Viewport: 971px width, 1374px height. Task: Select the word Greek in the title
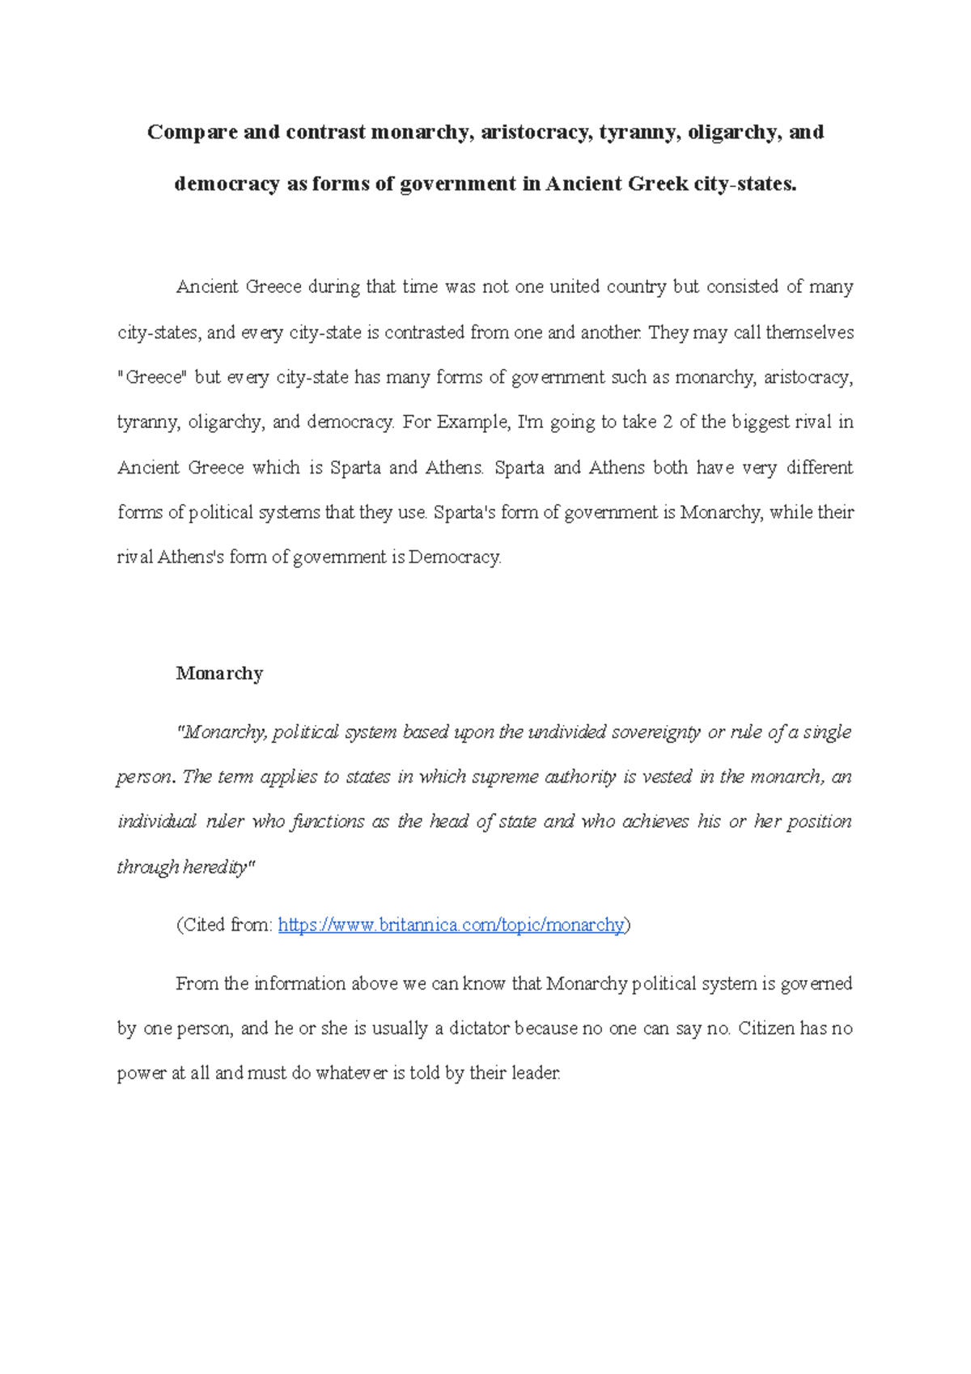658,184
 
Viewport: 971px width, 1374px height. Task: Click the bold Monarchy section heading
219,673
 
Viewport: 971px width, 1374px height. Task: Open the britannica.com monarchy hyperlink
451,925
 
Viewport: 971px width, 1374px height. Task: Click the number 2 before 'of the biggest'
668,422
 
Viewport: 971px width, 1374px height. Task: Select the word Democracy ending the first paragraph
455,557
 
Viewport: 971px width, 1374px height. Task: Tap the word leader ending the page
536,1074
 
